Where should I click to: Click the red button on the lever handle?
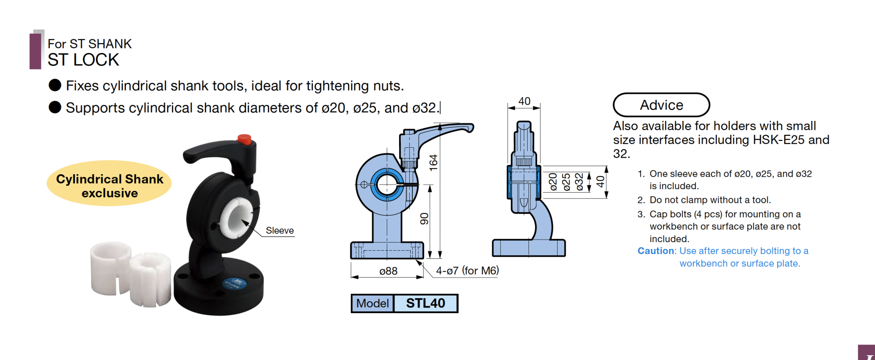[x=244, y=139]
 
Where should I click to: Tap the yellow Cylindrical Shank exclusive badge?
[x=109, y=184]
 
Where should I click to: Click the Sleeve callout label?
[x=279, y=231]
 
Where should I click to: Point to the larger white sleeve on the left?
[x=110, y=268]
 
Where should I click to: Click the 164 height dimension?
[x=433, y=163]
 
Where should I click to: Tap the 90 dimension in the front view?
[x=424, y=219]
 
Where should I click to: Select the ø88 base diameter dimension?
[x=388, y=271]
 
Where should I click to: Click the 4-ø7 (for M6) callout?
[x=467, y=271]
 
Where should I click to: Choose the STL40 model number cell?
[x=425, y=303]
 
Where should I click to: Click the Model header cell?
[x=372, y=303]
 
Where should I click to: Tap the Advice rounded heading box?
[x=661, y=105]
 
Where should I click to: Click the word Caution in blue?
[x=656, y=251]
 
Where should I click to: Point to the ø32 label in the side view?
[x=579, y=181]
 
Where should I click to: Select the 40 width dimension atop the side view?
[x=524, y=101]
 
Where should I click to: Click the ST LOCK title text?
[x=83, y=60]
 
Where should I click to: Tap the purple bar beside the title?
[x=35, y=51]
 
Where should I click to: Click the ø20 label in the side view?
[x=553, y=181]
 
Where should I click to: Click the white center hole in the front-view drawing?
[x=387, y=184]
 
